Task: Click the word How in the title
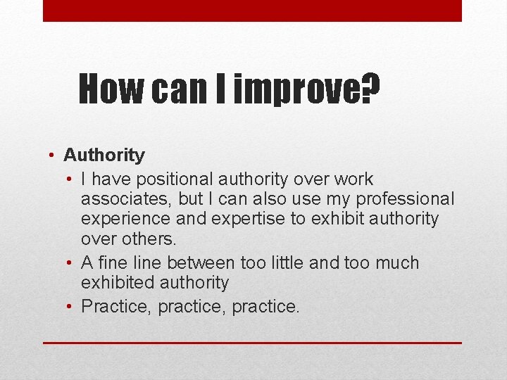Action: [x=109, y=89]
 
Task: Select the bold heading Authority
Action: [x=104, y=155]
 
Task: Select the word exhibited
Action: [x=119, y=283]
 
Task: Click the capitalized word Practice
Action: [x=116, y=307]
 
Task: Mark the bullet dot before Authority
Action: [x=53, y=156]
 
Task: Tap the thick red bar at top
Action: [x=252, y=11]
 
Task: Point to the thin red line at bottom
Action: [x=252, y=343]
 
